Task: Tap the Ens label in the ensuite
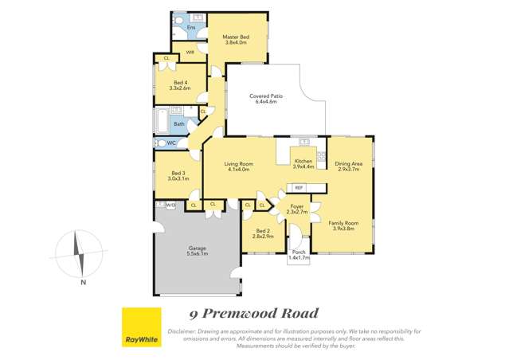pos(191,28)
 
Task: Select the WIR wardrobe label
pos(190,52)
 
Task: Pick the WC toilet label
pos(170,143)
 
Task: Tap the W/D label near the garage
pos(170,205)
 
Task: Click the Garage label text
pos(198,250)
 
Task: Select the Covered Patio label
pos(265,99)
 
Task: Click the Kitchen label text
pos(304,163)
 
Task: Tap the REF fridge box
pos(299,188)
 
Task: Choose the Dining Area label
pos(349,166)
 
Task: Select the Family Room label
pos(345,226)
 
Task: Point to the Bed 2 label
pos(263,234)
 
